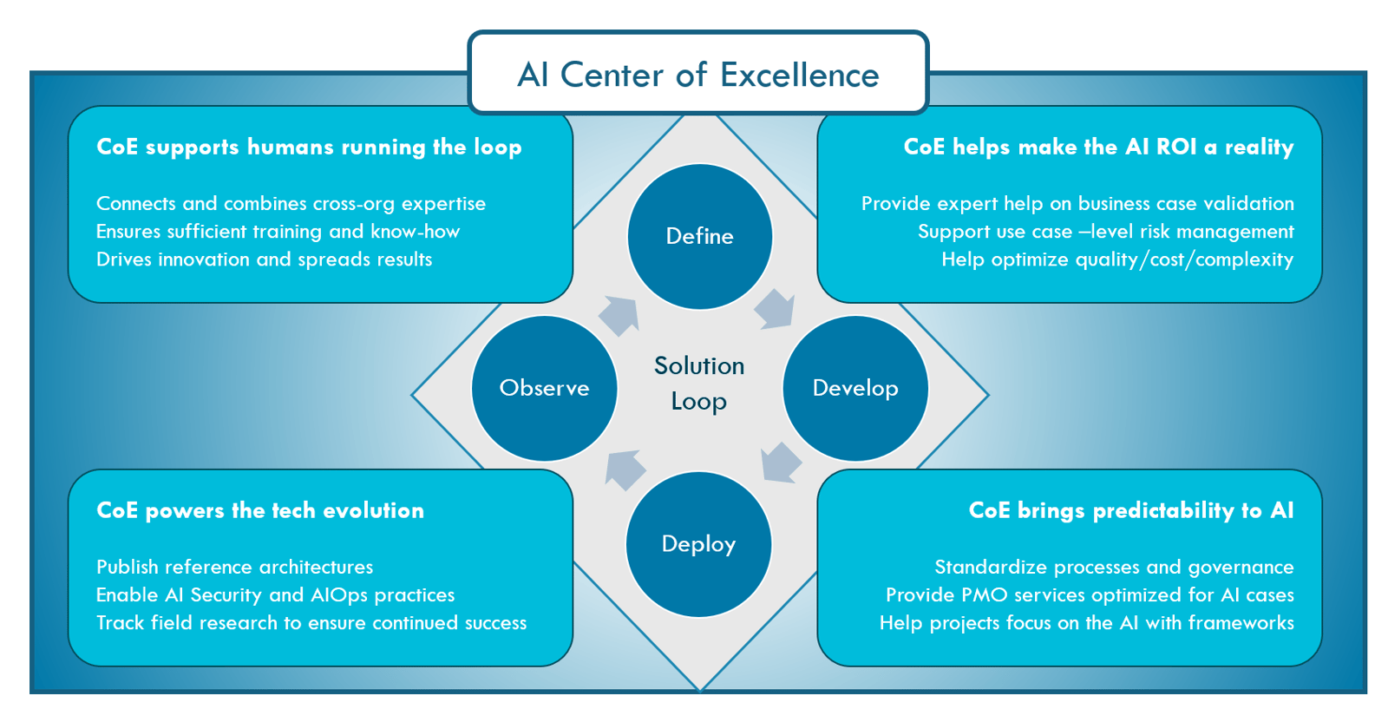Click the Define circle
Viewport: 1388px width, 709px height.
click(x=699, y=236)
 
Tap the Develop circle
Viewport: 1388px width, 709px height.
click(x=855, y=388)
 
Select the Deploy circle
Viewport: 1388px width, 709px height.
click(x=698, y=544)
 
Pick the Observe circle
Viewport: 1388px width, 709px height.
click(x=544, y=388)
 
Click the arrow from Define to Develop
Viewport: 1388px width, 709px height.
click(x=775, y=309)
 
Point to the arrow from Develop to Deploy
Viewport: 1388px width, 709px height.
click(x=781, y=463)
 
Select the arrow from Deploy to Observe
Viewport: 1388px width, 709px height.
click(x=625, y=470)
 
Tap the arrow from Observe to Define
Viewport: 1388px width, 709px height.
click(x=619, y=316)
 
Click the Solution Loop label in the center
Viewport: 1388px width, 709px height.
click(x=699, y=384)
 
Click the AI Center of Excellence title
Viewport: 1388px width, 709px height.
click(x=698, y=75)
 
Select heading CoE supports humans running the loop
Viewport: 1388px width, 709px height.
click(x=309, y=148)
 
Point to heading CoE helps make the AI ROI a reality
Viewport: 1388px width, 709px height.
click(x=1098, y=147)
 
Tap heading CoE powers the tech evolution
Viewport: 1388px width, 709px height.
click(x=260, y=510)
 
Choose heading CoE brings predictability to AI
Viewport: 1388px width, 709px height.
click(x=1131, y=510)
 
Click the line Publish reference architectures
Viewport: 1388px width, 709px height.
click(x=235, y=567)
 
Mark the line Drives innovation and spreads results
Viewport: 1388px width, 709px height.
click(x=264, y=259)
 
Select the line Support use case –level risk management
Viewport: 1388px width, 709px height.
click(x=1106, y=231)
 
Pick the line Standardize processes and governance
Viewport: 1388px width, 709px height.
click(x=1114, y=567)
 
